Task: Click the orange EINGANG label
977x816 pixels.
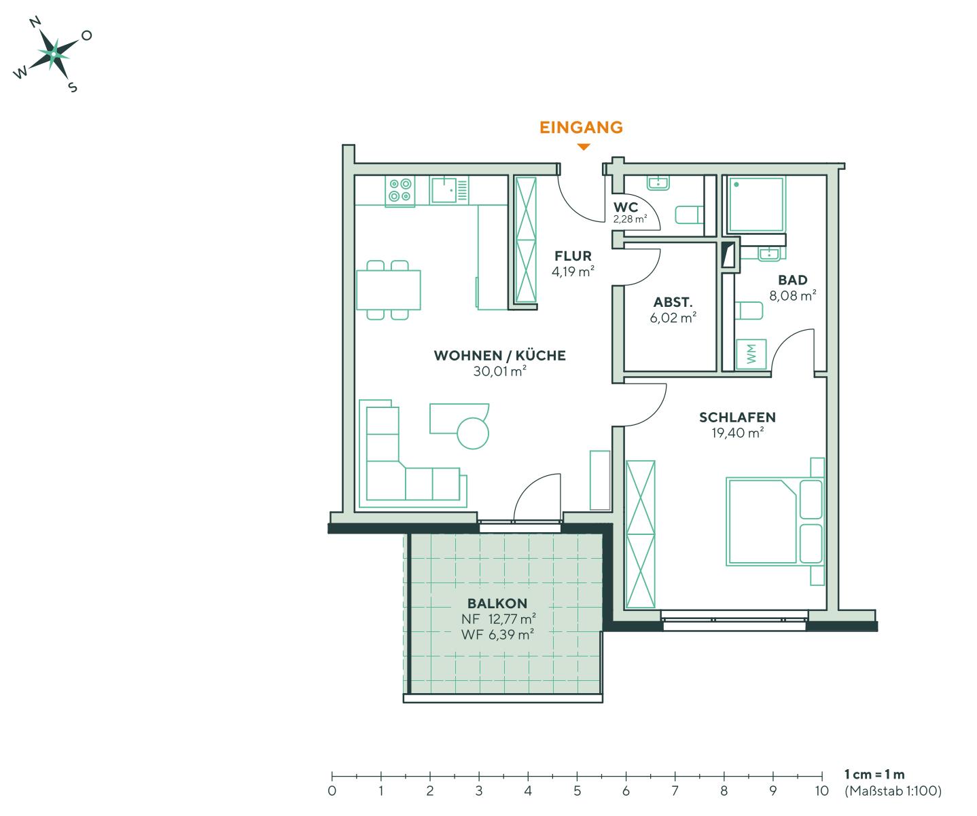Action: point(581,127)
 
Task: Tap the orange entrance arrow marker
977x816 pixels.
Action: point(583,147)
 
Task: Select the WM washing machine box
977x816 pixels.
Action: point(752,354)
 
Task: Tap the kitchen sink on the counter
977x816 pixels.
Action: point(444,190)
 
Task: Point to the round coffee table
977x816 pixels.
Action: point(473,432)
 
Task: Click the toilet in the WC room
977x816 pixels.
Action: point(688,215)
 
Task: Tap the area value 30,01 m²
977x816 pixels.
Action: point(499,371)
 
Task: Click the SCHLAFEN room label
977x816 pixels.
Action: point(737,417)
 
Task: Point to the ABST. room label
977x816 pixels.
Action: point(673,303)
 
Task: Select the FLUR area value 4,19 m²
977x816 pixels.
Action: point(573,272)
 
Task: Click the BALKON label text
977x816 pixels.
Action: point(497,604)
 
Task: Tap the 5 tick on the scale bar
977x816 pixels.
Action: point(577,775)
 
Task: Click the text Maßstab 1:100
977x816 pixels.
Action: point(892,790)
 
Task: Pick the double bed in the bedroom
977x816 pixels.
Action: point(773,521)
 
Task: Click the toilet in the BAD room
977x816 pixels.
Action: point(749,312)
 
